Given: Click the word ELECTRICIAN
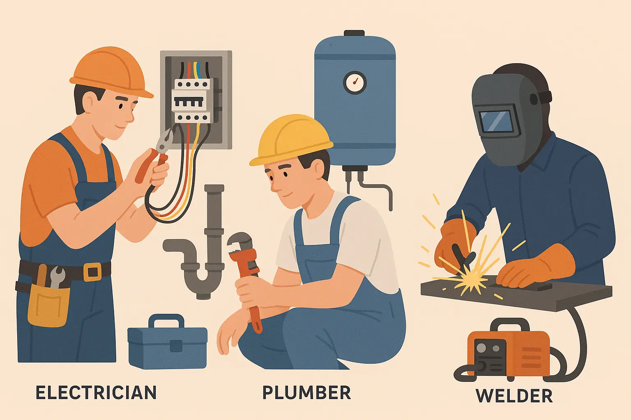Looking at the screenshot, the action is (x=96, y=393).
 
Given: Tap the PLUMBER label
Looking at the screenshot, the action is (x=306, y=393).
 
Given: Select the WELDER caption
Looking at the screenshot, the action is (x=514, y=396).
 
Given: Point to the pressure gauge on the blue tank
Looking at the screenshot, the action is (x=355, y=82).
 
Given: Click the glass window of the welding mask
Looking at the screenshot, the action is (x=495, y=121).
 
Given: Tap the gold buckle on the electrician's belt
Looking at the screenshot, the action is (x=92, y=272).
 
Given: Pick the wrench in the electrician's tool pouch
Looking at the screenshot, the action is (x=57, y=277).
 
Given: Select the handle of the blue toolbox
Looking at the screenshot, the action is (x=166, y=321).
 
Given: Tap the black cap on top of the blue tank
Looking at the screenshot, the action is (x=354, y=33).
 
